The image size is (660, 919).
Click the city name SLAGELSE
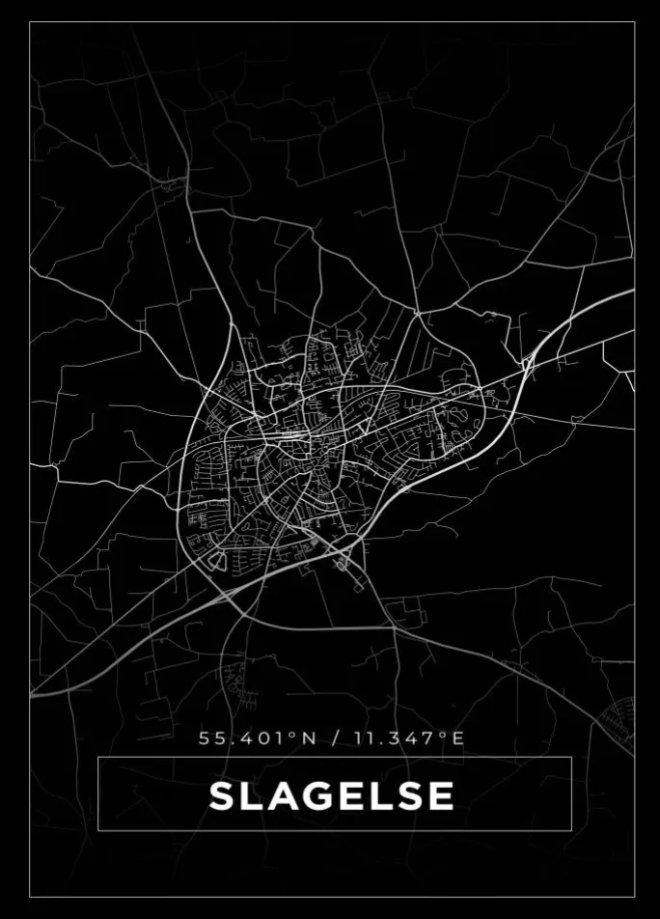pyautogui.click(x=332, y=796)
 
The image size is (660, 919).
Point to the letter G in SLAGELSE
pyautogui.click(x=315, y=796)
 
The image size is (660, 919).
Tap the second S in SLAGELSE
pyautogui.click(x=407, y=796)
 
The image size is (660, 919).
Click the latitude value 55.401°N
pyautogui.click(x=257, y=739)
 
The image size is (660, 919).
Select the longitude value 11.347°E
pyautogui.click(x=409, y=739)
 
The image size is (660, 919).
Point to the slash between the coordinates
pyautogui.click(x=336, y=739)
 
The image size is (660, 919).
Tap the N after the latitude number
pyautogui.click(x=309, y=739)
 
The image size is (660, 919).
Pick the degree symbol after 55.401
pyautogui.click(x=292, y=736)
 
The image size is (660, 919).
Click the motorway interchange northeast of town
pyautogui.click(x=528, y=363)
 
